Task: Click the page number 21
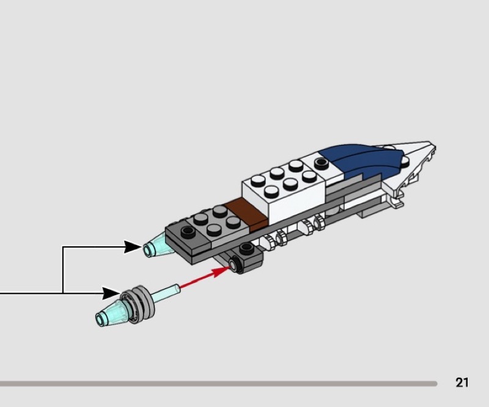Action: coord(462,383)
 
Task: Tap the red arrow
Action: coord(204,277)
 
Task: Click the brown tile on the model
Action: coord(246,214)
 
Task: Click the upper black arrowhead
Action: coord(133,247)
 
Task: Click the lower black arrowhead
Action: coord(112,293)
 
